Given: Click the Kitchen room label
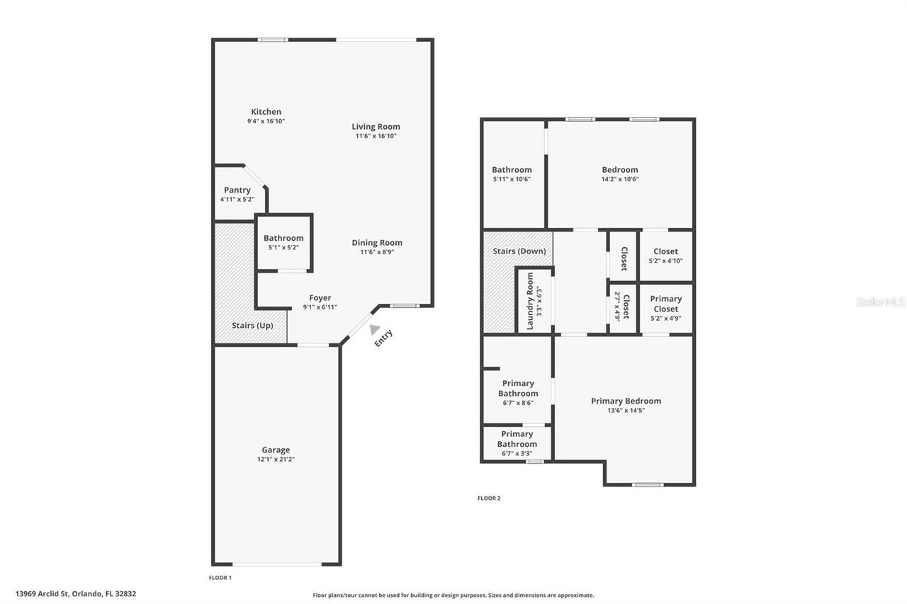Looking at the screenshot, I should pyautogui.click(x=266, y=112).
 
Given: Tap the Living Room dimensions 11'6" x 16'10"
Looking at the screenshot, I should pyautogui.click(x=376, y=136).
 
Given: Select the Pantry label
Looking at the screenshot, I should pyautogui.click(x=237, y=190).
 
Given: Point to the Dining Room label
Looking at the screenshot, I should pyautogui.click(x=377, y=242).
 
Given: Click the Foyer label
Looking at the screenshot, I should pyautogui.click(x=320, y=297).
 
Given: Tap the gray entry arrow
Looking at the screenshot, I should pyautogui.click(x=373, y=330).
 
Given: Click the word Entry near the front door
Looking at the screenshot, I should pyautogui.click(x=383, y=338).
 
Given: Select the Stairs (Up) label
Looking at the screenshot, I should pyautogui.click(x=252, y=326).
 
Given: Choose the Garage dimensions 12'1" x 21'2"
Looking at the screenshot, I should pyautogui.click(x=276, y=459).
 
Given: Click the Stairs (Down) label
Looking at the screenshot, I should pyautogui.click(x=519, y=251).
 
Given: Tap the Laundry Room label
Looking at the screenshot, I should pyautogui.click(x=530, y=300).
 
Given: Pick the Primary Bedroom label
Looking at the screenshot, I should pyautogui.click(x=626, y=401).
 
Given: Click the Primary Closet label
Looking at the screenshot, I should pyautogui.click(x=665, y=304).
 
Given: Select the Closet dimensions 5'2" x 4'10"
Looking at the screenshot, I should pyautogui.click(x=665, y=261).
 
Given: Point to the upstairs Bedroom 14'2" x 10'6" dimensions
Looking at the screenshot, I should pyautogui.click(x=620, y=179).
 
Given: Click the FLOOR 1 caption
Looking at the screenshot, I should pyautogui.click(x=220, y=578).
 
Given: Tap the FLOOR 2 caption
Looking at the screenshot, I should pyautogui.click(x=489, y=498).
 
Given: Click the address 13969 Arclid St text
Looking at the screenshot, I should pyautogui.click(x=76, y=594).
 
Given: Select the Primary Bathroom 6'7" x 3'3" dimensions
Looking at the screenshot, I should pyautogui.click(x=517, y=453).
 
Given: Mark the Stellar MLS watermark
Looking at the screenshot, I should pyautogui.click(x=880, y=302).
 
